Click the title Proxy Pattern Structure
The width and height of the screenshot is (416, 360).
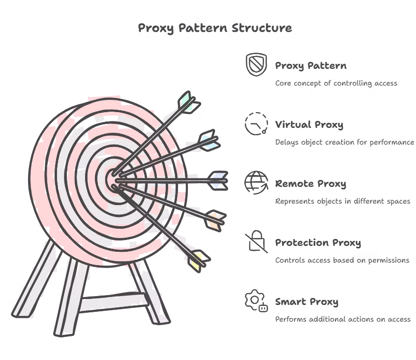(214, 28)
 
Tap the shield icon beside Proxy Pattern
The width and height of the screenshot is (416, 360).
(256, 64)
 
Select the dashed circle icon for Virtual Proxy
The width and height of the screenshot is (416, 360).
(256, 123)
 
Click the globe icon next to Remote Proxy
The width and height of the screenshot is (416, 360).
(256, 182)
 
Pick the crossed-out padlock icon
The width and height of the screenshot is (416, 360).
(256, 241)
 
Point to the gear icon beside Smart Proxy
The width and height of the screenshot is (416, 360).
(256, 300)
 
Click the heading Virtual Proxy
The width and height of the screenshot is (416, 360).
(309, 124)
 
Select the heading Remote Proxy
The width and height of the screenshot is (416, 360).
(310, 184)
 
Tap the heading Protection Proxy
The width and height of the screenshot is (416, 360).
(318, 243)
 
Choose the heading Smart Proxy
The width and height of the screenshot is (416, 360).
(306, 302)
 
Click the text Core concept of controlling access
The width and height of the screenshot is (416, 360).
(336, 83)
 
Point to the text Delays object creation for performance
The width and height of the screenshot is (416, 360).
(344, 142)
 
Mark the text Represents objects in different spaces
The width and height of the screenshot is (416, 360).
(342, 201)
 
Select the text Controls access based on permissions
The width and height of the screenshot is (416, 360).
(342, 260)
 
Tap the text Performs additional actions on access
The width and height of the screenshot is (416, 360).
(342, 319)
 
